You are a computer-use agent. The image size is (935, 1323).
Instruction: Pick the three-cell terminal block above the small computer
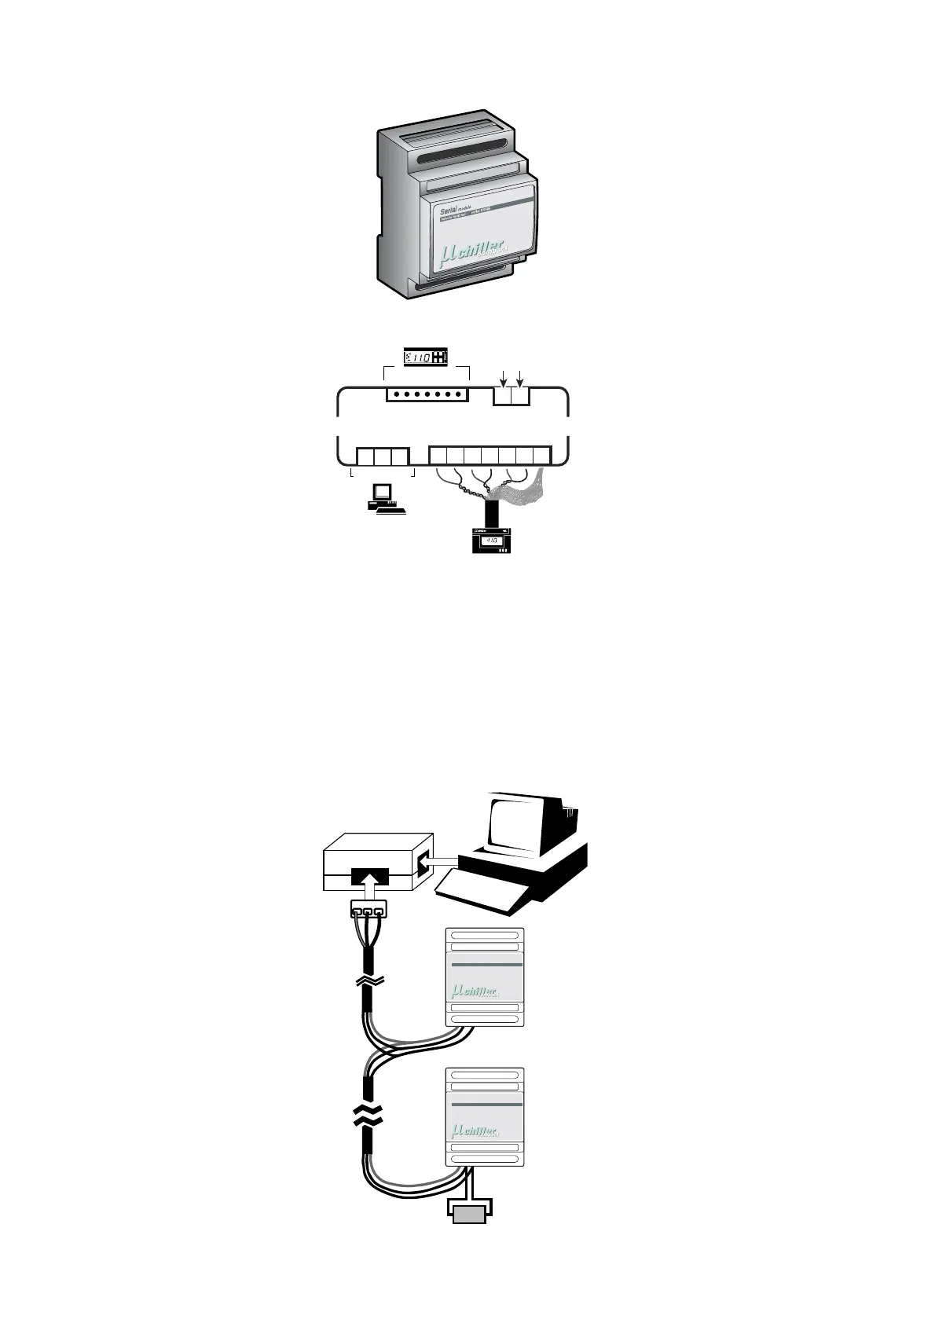383,456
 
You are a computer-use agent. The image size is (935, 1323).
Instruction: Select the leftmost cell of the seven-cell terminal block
437,455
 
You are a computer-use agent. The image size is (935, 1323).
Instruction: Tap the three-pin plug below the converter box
368,911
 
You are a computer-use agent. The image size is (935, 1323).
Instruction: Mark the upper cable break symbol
368,981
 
